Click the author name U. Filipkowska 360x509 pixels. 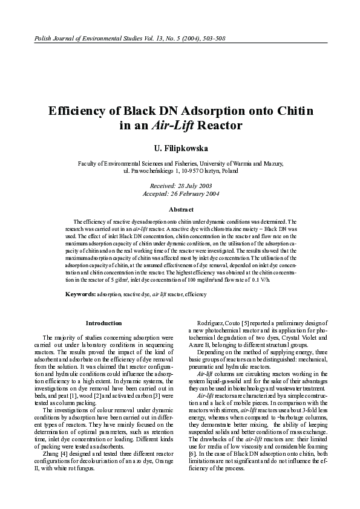[x=180, y=148]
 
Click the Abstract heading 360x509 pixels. [x=180, y=209]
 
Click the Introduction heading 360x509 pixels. [x=103, y=323]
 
